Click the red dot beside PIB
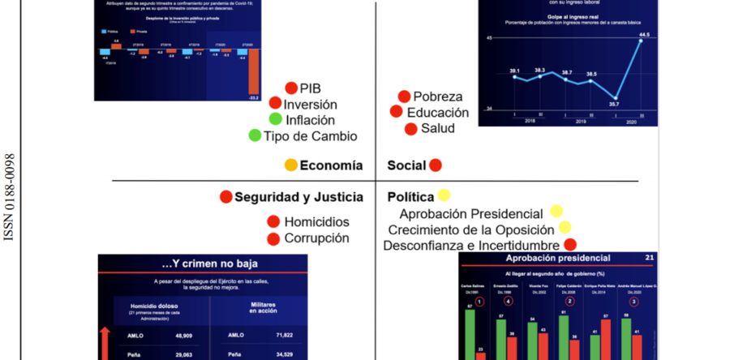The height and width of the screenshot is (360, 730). pos(291,88)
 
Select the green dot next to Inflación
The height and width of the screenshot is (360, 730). pos(276,119)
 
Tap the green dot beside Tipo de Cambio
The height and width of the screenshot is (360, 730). pos(255,135)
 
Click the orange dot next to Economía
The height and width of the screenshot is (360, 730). pos(291,165)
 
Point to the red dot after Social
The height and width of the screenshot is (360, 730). pos(435,165)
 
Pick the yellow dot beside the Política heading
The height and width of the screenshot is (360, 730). pos(444,195)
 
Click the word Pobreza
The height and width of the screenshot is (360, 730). pos(437,96)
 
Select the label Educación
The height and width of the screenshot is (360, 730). pos(438,112)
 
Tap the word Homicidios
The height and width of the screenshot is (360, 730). pos(317,221)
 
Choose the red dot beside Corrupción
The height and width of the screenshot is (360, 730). pos(273,238)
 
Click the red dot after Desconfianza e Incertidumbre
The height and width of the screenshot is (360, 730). pos(569,244)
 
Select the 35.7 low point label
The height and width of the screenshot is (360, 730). pos(614,104)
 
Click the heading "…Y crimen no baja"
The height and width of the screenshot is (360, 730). pos(202,264)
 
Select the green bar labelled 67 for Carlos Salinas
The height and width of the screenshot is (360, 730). pos(469,332)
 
